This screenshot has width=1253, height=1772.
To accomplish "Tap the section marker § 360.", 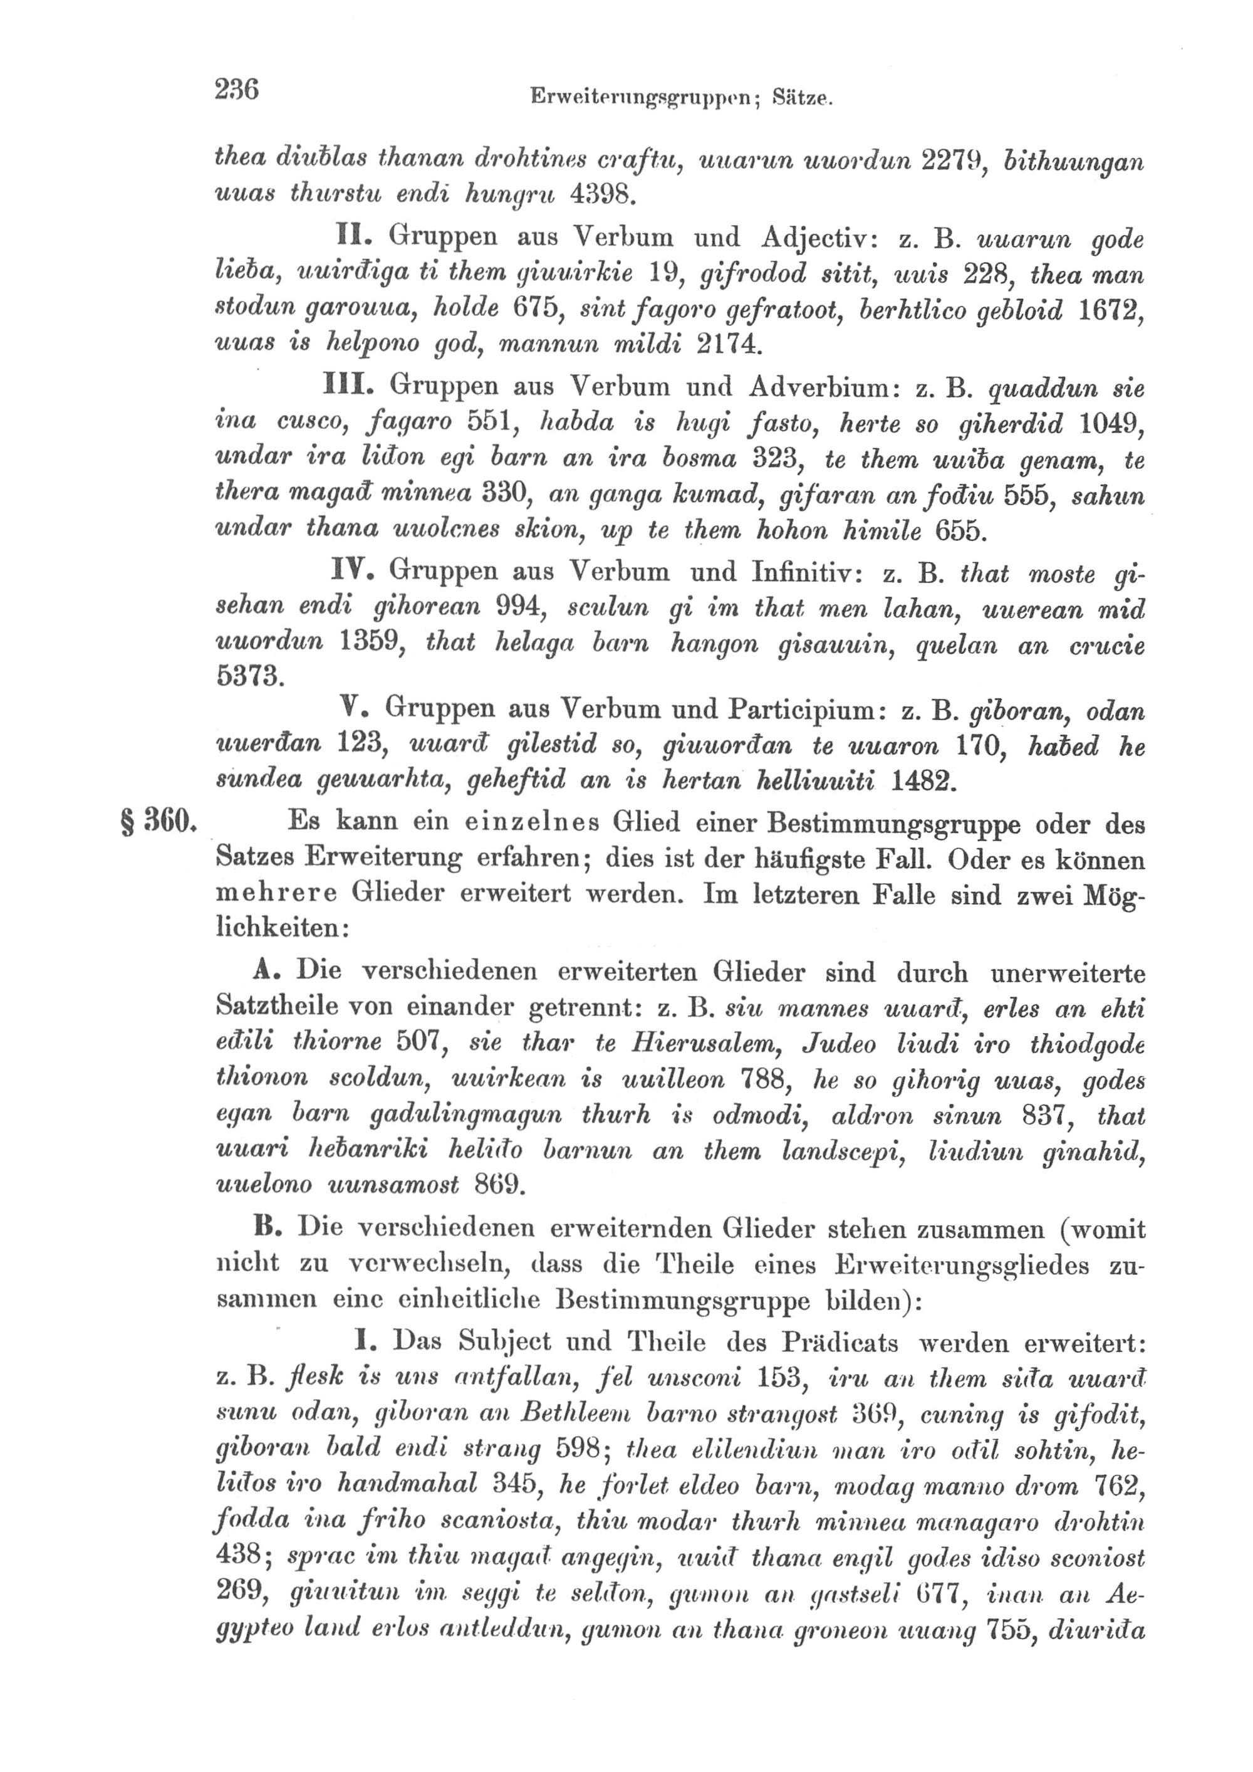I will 160,821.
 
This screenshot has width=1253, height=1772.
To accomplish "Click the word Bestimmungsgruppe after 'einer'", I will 893,824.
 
